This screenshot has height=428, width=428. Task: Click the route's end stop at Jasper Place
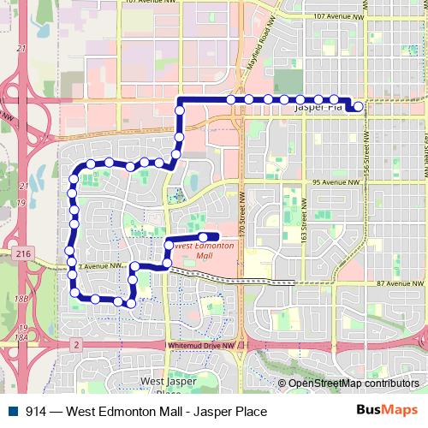tap(358, 106)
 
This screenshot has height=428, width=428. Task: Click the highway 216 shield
tap(21, 253)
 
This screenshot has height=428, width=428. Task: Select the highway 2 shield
tap(75, 344)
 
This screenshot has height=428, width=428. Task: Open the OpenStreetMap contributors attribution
tap(353, 383)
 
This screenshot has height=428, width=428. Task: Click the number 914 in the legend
tap(36, 412)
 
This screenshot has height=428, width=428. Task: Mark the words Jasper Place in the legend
tap(229, 412)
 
